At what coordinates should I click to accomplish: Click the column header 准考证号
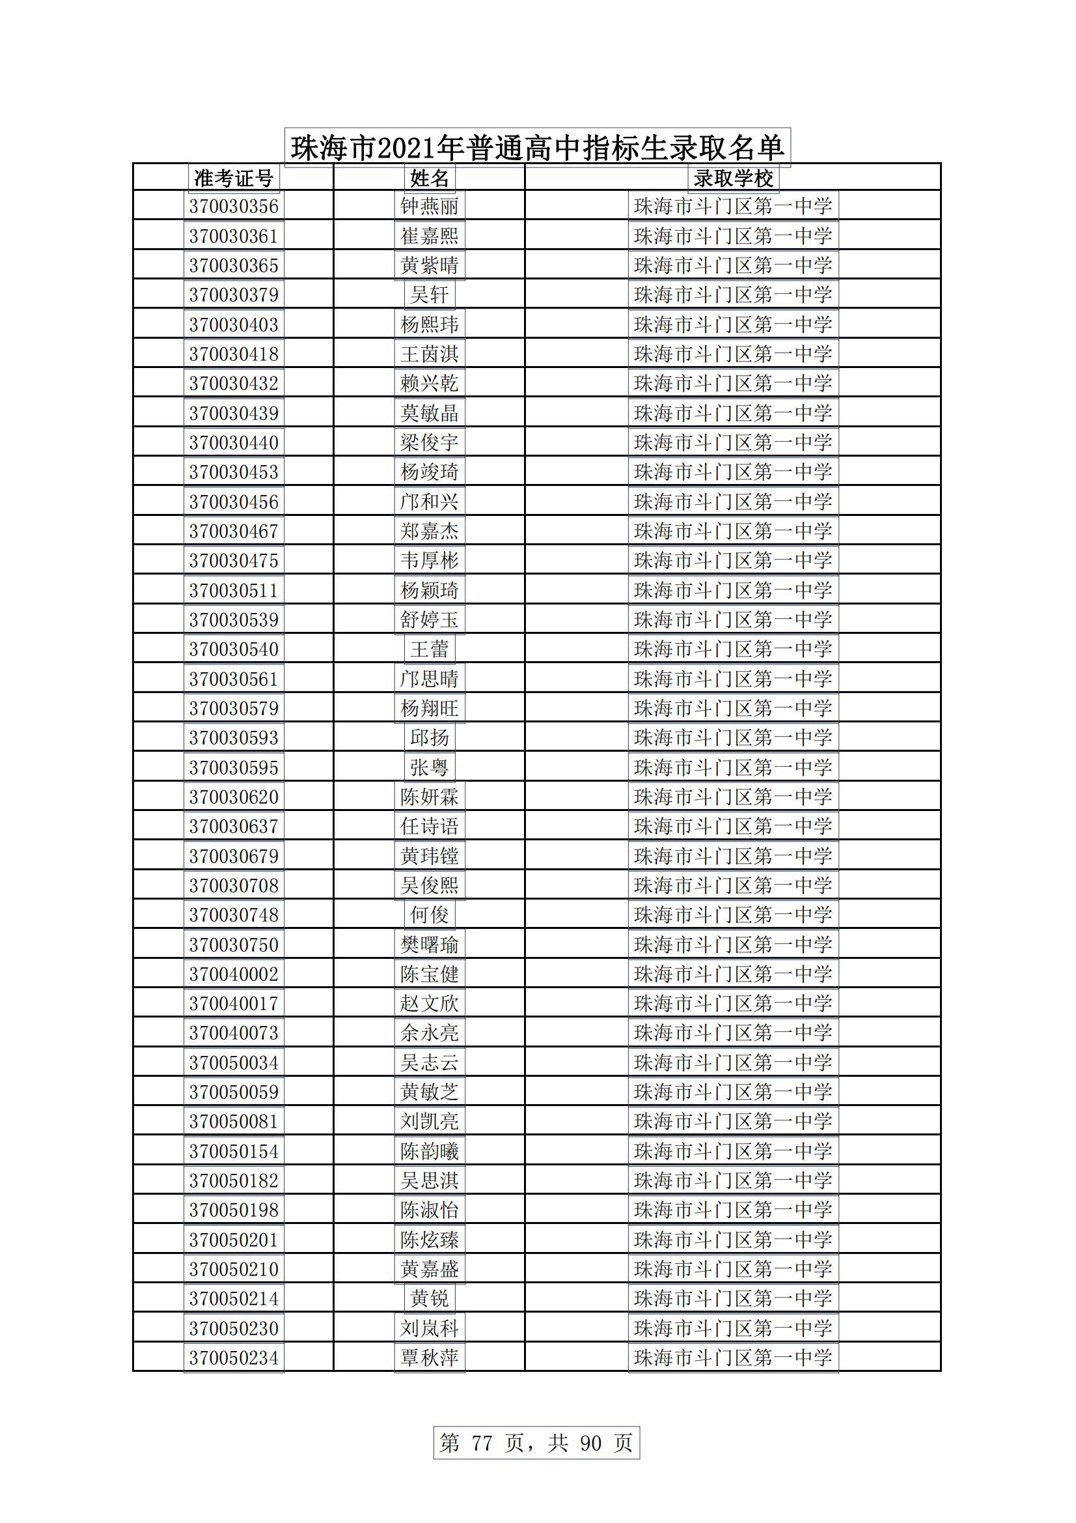pos(234,178)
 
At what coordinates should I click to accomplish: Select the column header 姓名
pos(430,178)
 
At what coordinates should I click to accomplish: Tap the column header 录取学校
pos(733,178)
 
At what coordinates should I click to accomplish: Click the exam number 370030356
pos(234,206)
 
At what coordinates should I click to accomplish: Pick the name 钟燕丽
pos(430,206)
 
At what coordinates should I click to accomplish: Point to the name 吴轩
pos(430,294)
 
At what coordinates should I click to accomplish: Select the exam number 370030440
pos(234,442)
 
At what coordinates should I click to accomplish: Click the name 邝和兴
pos(430,502)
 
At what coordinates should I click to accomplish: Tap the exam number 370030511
pos(234,590)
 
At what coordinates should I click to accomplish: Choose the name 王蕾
pos(430,649)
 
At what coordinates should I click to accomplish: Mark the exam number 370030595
pos(234,767)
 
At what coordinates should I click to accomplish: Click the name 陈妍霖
pos(430,797)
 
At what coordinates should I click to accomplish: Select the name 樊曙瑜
pos(430,945)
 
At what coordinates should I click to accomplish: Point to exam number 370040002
pos(234,974)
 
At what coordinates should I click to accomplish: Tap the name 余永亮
pos(430,1032)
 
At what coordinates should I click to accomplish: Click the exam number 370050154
pos(234,1151)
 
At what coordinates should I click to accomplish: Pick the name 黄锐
pos(430,1298)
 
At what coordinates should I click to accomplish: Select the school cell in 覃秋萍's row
pos(733,1358)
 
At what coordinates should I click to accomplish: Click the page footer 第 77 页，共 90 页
pos(536,1443)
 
